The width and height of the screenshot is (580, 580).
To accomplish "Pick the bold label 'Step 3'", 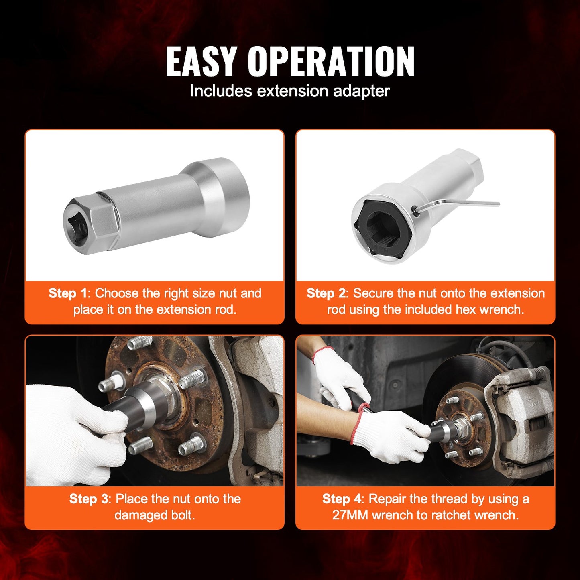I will coord(89,499).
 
